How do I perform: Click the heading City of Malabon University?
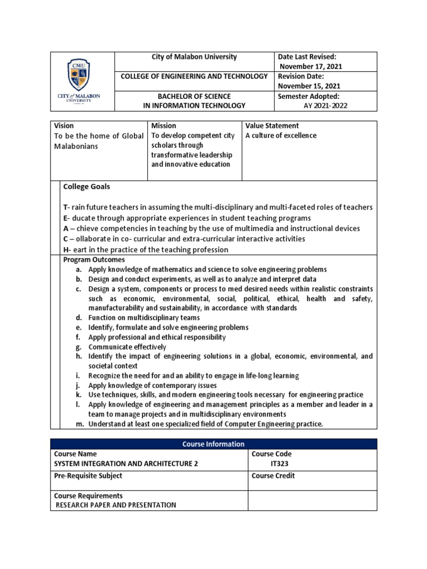coord(194,57)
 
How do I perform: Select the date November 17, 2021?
coord(311,66)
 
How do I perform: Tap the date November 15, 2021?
coord(309,86)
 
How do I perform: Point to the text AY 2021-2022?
coord(325,106)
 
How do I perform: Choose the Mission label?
coord(163,126)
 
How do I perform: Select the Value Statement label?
coord(272,126)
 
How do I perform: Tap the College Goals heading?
coord(86,187)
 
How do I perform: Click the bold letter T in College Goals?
coord(65,207)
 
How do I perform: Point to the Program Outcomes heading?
coord(94,259)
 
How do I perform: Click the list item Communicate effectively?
coord(127,347)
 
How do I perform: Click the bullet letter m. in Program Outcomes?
coord(80,425)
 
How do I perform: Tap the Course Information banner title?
coord(213,444)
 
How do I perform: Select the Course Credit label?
coord(273,476)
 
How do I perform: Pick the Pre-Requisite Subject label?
coord(88,476)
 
